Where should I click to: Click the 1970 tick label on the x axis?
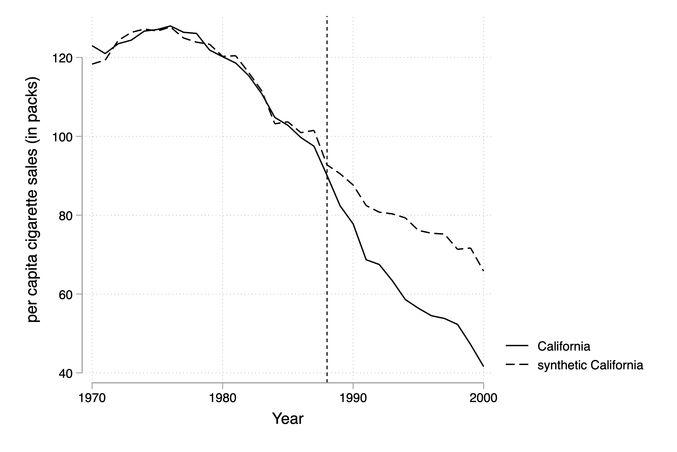[92, 398]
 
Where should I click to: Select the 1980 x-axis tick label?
[222, 398]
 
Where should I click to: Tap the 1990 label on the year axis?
[353, 398]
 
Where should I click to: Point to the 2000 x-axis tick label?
[484, 398]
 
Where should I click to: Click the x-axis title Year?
[288, 419]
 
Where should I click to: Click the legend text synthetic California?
[590, 365]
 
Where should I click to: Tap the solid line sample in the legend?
[517, 345]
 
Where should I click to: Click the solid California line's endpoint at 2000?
[484, 366]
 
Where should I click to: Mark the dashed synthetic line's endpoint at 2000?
[484, 271]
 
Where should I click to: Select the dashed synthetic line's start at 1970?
[92, 64]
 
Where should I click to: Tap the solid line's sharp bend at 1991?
[366, 260]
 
